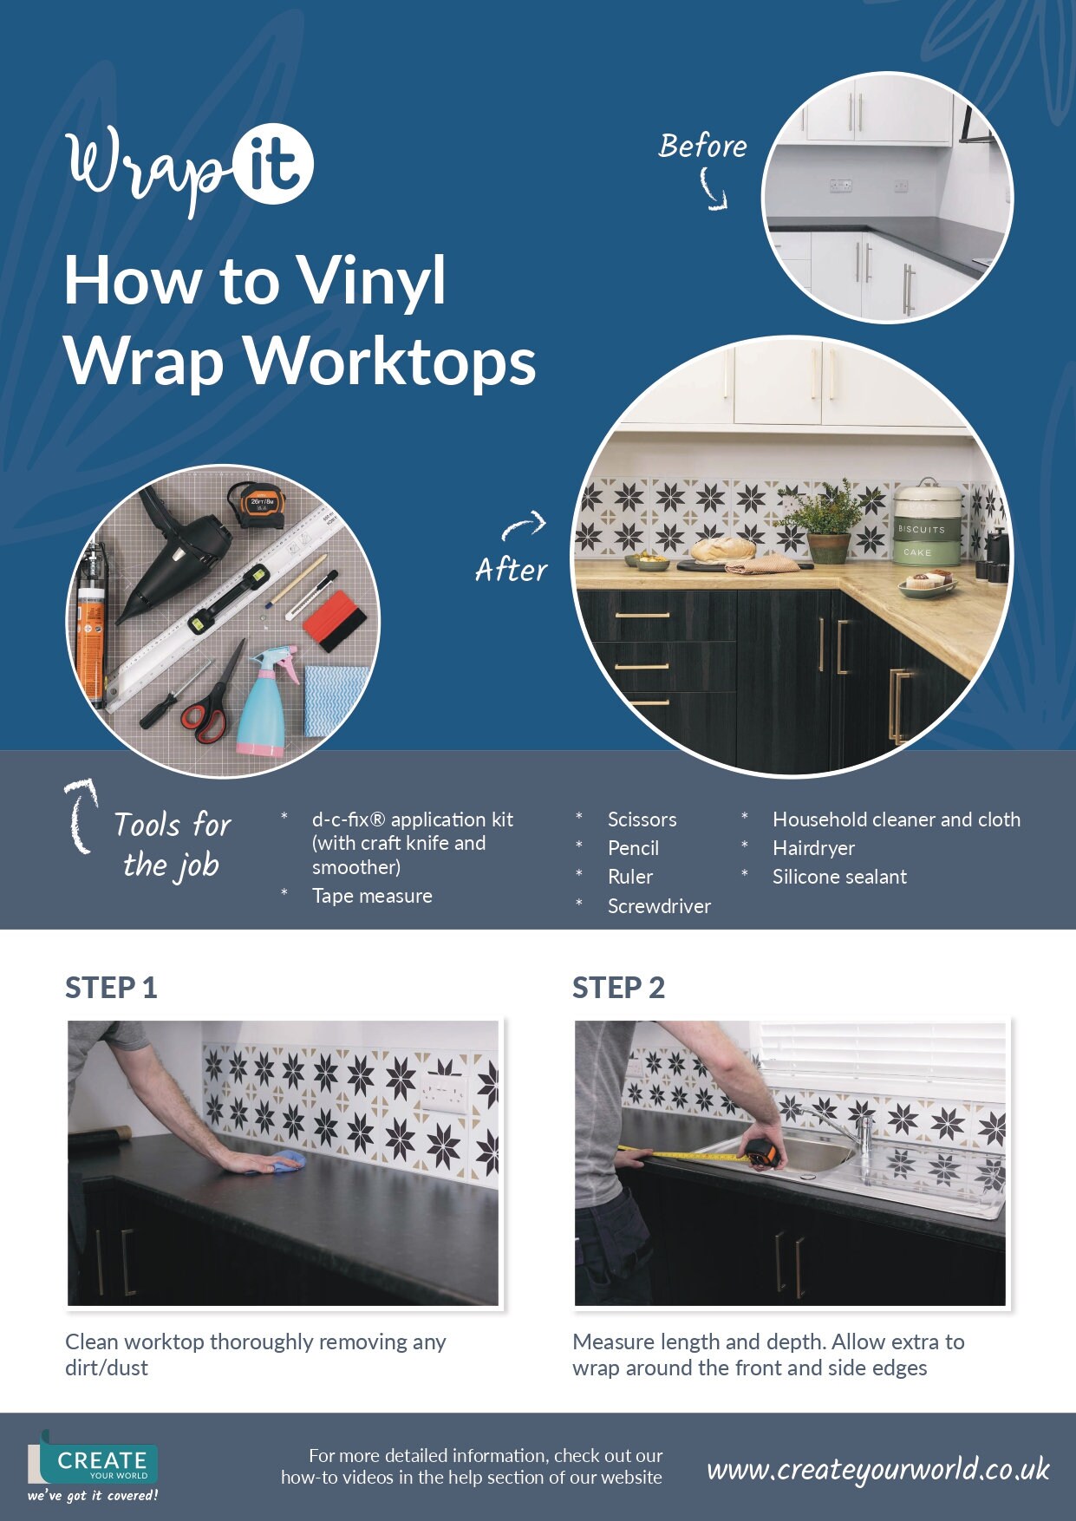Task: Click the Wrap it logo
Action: (189, 169)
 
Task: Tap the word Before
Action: (702, 146)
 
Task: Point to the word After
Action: (512, 570)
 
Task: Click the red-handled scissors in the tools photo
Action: (212, 698)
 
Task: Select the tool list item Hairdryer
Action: (813, 848)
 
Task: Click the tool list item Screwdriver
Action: (659, 906)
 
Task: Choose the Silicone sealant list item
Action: (839, 877)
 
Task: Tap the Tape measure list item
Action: (372, 896)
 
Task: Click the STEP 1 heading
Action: (111, 988)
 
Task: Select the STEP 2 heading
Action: (618, 988)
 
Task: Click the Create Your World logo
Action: (93, 1466)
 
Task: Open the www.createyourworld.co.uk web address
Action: (877, 1469)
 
